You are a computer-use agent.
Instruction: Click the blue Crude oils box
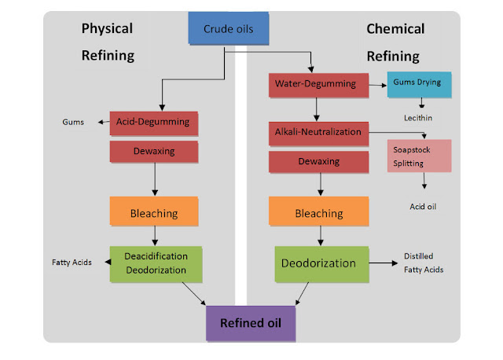click(228, 30)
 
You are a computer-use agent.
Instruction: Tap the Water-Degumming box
click(314, 83)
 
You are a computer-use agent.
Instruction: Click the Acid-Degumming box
click(153, 123)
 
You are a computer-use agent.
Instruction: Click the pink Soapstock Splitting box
click(419, 156)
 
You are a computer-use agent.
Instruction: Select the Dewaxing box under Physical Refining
click(153, 152)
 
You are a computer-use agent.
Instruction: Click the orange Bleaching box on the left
click(153, 212)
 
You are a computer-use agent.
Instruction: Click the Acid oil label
click(421, 207)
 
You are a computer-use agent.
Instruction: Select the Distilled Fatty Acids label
click(424, 263)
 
